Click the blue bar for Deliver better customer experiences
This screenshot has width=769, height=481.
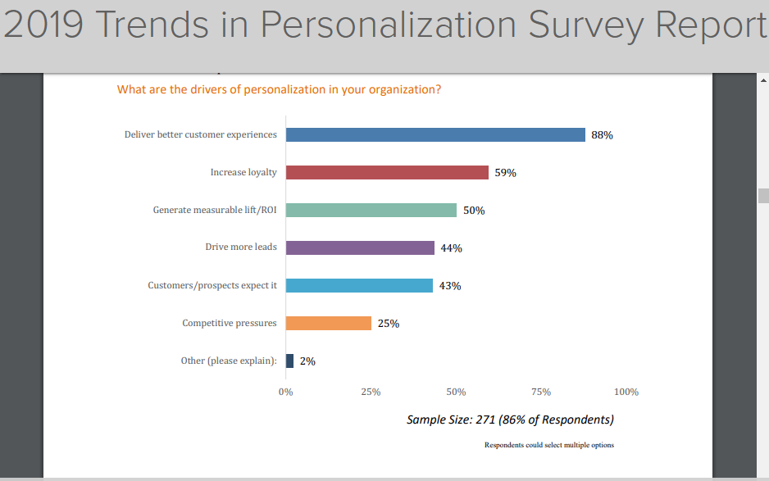tap(435, 135)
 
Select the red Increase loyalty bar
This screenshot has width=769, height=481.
tap(387, 173)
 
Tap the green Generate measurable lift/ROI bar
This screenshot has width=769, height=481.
tap(371, 211)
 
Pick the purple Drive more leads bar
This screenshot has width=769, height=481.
tap(360, 247)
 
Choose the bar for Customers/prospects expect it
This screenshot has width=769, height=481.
tap(359, 285)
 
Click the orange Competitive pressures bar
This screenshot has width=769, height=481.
tap(329, 323)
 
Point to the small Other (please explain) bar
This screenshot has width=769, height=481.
tap(289, 361)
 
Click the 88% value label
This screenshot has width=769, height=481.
tap(602, 135)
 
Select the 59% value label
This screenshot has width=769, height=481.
tap(505, 173)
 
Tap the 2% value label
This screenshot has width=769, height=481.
tap(307, 361)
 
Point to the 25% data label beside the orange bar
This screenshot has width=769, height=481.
tap(389, 324)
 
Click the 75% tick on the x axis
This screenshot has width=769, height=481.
tap(541, 392)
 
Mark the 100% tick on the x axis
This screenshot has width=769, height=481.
tap(626, 392)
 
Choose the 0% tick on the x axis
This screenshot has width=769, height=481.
tap(285, 392)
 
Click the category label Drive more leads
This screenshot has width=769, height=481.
tap(241, 247)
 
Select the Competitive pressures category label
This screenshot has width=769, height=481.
tap(230, 323)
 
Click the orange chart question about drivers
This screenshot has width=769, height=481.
tap(279, 89)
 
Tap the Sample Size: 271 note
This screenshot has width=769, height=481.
tap(510, 420)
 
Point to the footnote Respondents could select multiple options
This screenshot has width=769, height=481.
tap(548, 445)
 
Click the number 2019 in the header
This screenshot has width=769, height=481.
tap(43, 25)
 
